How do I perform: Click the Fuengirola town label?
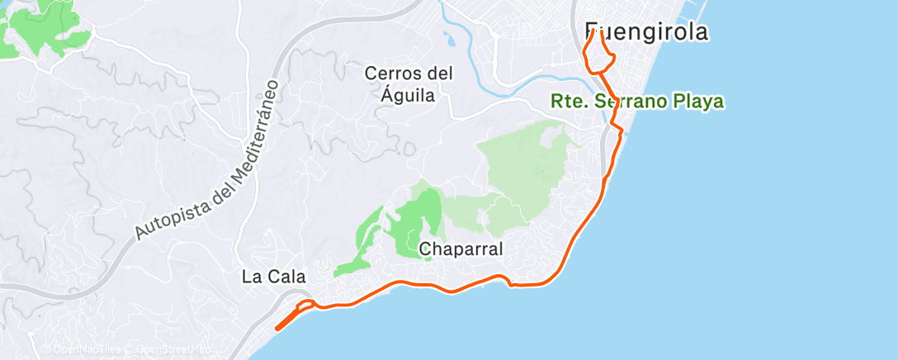click(x=647, y=32)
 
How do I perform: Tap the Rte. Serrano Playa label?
click(x=637, y=102)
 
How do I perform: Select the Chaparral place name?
click(x=461, y=249)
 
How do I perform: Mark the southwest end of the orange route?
click(x=276, y=328)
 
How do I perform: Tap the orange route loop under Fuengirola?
click(x=598, y=58)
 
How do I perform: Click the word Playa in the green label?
click(x=698, y=102)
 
